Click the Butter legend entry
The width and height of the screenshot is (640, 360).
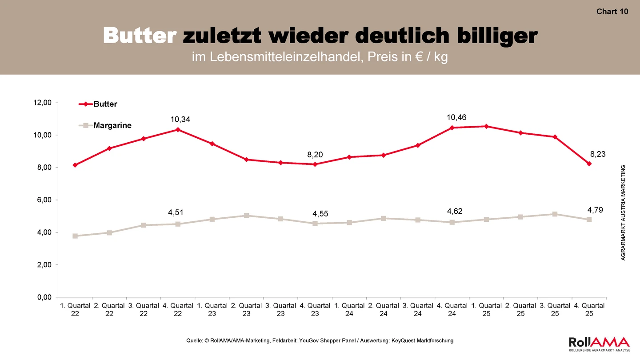pyautogui.click(x=98, y=104)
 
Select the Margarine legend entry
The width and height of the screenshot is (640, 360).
pyautogui.click(x=105, y=125)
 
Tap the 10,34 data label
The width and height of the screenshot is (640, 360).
pyautogui.click(x=180, y=120)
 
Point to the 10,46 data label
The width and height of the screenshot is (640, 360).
pyautogui.click(x=456, y=117)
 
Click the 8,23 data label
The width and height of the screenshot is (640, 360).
pyautogui.click(x=598, y=154)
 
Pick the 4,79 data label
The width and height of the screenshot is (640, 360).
pyautogui.click(x=595, y=210)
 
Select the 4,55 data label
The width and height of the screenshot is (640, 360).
pyautogui.click(x=320, y=214)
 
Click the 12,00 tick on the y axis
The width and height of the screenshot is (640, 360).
pyautogui.click(x=43, y=103)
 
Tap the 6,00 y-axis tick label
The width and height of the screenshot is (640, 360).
pyautogui.click(x=44, y=200)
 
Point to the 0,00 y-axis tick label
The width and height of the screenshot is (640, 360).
pyautogui.click(x=44, y=297)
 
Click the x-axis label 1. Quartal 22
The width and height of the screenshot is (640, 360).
pyautogui.click(x=75, y=310)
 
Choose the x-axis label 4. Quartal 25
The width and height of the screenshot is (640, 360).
pyautogui.click(x=589, y=310)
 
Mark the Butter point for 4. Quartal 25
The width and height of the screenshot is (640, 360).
pyautogui.click(x=589, y=164)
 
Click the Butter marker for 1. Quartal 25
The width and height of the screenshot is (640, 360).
pyautogui.click(x=486, y=126)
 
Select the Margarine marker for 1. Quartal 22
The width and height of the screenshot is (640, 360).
pyautogui.click(x=75, y=236)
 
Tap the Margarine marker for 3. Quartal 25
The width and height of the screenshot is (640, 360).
pyautogui.click(x=555, y=214)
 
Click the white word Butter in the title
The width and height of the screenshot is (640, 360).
pyautogui.click(x=140, y=36)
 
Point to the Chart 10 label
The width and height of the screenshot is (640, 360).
pyautogui.click(x=612, y=12)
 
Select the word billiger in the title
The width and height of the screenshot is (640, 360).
pyautogui.click(x=497, y=36)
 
